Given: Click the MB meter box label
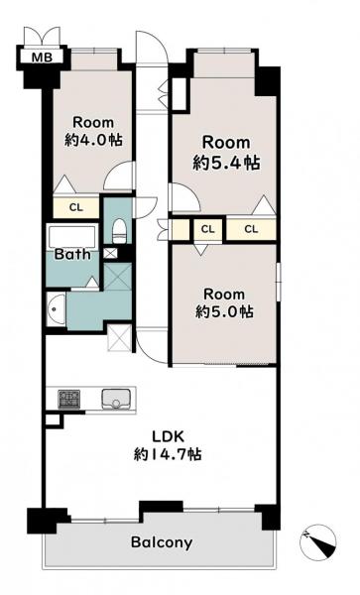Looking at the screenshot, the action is tap(42, 58).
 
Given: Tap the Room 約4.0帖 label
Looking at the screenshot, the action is tap(93, 132).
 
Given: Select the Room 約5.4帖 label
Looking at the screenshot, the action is tap(226, 153).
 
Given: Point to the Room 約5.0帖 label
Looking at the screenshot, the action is tap(224, 302).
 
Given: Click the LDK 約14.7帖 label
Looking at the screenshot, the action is tap(168, 445).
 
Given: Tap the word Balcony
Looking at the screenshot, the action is tap(162, 542).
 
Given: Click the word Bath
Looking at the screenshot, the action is tap(72, 254).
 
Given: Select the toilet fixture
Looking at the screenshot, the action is tap(119, 231).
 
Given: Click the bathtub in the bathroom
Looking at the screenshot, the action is tap(72, 237).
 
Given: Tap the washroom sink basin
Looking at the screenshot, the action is tap(56, 308).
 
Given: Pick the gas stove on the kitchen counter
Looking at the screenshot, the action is tap(69, 399).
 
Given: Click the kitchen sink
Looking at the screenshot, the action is tap(116, 399).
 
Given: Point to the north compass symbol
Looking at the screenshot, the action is tap(318, 542).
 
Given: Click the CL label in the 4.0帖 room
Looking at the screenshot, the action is tap(76, 207).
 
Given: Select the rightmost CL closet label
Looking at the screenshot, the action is tap(251, 229).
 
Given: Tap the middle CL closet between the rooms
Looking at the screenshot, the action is tap(207, 229).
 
